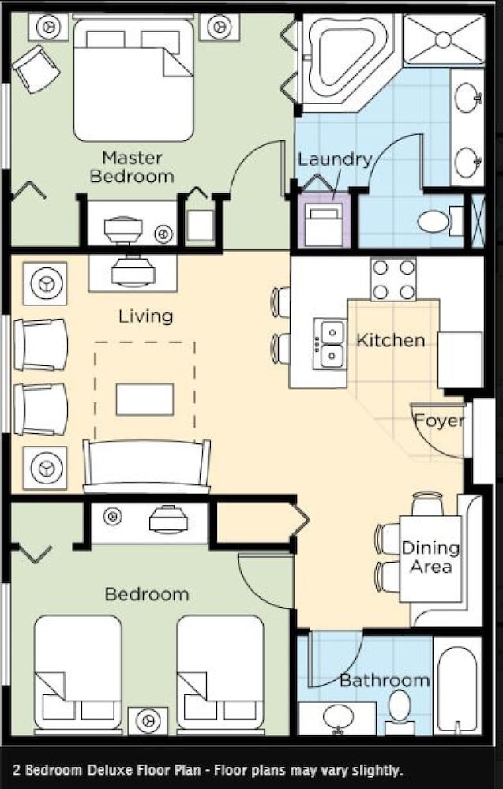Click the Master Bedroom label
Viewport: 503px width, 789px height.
coord(132,167)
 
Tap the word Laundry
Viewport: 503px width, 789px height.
coord(335,159)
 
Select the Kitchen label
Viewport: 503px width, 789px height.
coord(391,340)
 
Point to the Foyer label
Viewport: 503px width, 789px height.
coord(438,421)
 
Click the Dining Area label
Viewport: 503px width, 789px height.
coord(430,557)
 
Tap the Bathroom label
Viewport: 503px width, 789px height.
coord(385,680)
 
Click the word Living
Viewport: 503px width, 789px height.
coord(146,316)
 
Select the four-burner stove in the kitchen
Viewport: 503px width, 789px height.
coord(393,279)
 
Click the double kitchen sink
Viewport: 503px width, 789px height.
coord(330,344)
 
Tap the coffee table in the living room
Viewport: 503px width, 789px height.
coord(145,399)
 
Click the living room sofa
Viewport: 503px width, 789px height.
coord(147,466)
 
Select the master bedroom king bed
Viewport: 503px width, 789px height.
coord(133,78)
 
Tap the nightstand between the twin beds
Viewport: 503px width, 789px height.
coord(148,720)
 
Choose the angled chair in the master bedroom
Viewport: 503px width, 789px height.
coord(36,69)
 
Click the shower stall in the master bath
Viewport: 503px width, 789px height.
coord(443,39)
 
